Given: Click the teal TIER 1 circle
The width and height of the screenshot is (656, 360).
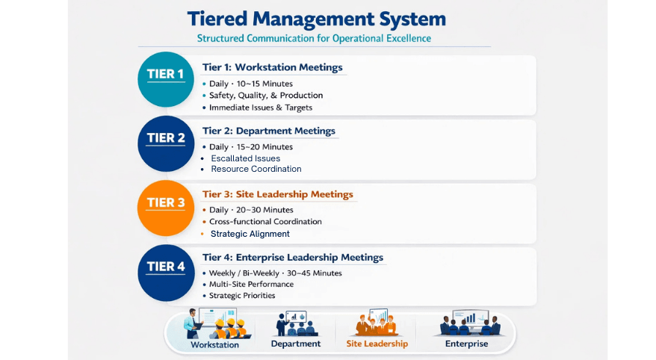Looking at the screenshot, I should (x=166, y=79).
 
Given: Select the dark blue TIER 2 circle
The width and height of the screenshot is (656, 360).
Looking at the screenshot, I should (x=166, y=143).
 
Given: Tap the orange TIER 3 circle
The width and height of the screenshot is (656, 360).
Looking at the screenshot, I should (x=166, y=208).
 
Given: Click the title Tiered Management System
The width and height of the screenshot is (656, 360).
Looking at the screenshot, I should (x=316, y=19).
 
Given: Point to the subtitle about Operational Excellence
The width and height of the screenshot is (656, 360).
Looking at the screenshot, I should (x=314, y=38).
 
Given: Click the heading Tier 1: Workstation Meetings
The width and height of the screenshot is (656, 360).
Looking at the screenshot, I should (x=272, y=67).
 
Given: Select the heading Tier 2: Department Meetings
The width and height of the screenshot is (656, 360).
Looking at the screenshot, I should (x=269, y=131).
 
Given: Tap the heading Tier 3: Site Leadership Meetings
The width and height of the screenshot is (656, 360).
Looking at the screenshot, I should (x=277, y=194).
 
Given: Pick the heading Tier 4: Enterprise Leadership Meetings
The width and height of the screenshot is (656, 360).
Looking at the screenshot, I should (x=292, y=258).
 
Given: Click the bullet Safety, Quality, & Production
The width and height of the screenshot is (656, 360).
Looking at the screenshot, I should (x=266, y=96).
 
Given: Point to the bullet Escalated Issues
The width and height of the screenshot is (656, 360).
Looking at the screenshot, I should (x=246, y=158).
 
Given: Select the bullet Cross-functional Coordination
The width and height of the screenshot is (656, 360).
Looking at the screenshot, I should (x=265, y=222).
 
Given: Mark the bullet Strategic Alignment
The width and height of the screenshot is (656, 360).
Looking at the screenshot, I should (x=250, y=234).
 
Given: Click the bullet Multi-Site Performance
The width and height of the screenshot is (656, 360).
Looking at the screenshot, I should (x=251, y=285).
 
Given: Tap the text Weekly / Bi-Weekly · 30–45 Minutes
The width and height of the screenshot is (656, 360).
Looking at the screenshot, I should (x=276, y=273).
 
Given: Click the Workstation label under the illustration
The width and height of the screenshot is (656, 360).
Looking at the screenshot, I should (x=215, y=344).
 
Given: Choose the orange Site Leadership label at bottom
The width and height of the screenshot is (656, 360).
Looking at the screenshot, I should (x=377, y=344).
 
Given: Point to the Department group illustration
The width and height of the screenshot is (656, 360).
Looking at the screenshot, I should (x=296, y=323).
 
